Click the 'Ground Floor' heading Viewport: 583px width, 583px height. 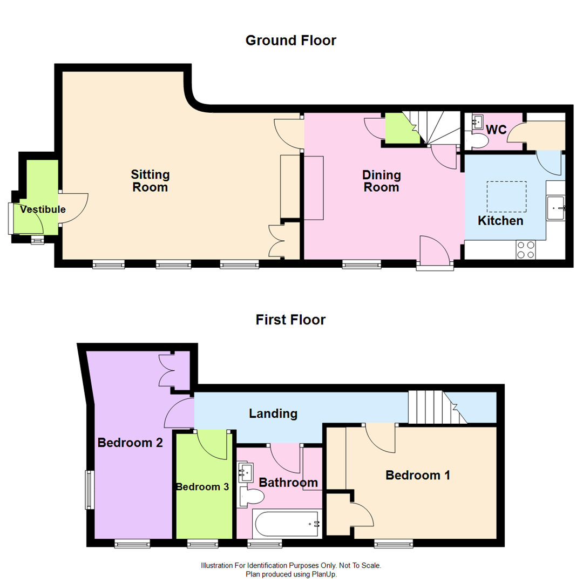coord(290,40)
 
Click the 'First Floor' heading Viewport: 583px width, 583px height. coord(290,320)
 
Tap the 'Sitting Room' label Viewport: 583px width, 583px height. coord(150,181)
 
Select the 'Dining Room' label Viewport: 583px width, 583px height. coord(381,181)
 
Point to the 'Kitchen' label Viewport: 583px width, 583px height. coord(500,221)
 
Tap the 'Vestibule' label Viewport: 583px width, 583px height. coord(43,209)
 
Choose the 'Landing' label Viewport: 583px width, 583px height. coord(273,413)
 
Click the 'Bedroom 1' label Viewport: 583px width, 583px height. coord(418,475)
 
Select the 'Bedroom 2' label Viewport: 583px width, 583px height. coord(130,443)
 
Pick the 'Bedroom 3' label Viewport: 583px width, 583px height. coord(202,486)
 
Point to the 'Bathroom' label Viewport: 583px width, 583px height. coord(288,482)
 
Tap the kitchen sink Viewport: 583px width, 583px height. coord(555,208)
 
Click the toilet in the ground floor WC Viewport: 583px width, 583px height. coord(477,141)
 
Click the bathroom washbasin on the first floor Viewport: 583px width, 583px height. coord(246,472)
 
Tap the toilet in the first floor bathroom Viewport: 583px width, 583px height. coord(251,496)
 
